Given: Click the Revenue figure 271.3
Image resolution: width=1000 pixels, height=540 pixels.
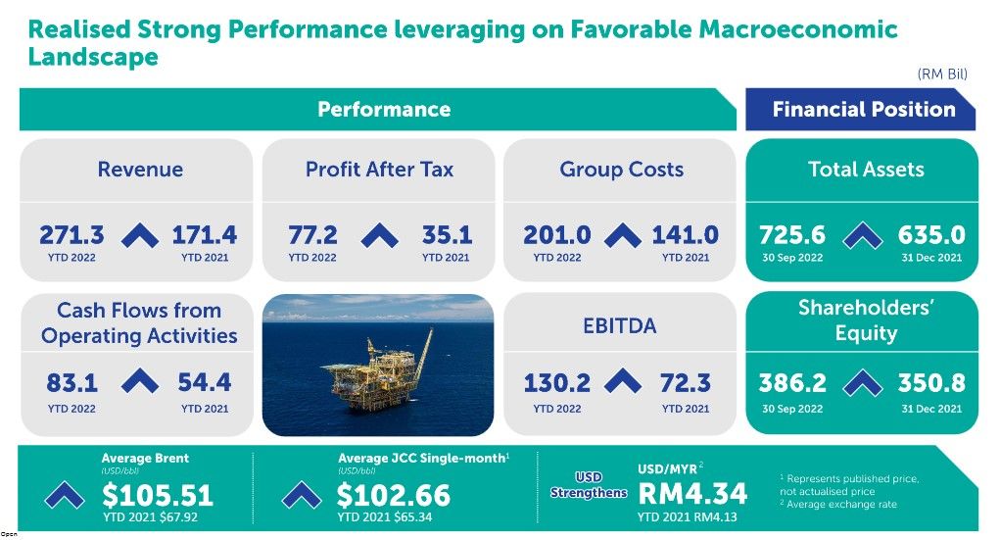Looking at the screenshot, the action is pos(71,235).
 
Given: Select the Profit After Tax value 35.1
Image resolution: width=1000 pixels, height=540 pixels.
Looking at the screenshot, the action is pos(447,235).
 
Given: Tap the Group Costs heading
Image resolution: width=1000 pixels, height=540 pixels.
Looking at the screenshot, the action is pos(621,170).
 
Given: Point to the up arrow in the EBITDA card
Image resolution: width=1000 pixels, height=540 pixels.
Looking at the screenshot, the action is pos(623,381).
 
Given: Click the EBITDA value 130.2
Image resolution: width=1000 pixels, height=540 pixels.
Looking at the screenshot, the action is pos(556,383).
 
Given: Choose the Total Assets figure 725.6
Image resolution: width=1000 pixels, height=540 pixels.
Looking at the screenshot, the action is pos(792,235).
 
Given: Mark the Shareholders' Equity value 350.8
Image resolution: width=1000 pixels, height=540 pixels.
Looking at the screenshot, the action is pos(931,383).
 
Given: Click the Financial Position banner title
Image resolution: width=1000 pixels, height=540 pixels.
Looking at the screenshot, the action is pos(864,109).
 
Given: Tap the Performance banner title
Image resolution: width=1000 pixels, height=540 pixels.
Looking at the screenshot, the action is pos(384,109).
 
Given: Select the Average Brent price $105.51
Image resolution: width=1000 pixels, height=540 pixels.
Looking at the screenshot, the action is pos(158,495).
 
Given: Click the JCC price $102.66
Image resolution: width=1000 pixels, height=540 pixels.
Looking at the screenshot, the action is pos(394,495).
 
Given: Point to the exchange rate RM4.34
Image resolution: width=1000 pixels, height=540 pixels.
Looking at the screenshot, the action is pos(692,493).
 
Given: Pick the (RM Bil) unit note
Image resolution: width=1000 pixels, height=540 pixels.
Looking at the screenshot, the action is pos(942,74).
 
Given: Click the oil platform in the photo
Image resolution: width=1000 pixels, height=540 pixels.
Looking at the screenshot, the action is pos(376,373).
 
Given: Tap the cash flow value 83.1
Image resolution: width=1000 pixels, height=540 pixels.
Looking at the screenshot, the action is pos(72,383).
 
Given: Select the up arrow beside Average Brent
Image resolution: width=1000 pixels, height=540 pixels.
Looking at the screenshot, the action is pos(65,495).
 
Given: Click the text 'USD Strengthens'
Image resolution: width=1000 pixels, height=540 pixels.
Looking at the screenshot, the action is pos(589,485).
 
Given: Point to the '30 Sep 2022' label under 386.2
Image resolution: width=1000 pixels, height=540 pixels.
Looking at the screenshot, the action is pos(792,409).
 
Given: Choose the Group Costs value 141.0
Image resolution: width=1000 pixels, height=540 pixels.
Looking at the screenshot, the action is pos(685,235).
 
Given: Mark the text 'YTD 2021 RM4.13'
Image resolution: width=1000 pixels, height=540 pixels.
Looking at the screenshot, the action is pos(687,517).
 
